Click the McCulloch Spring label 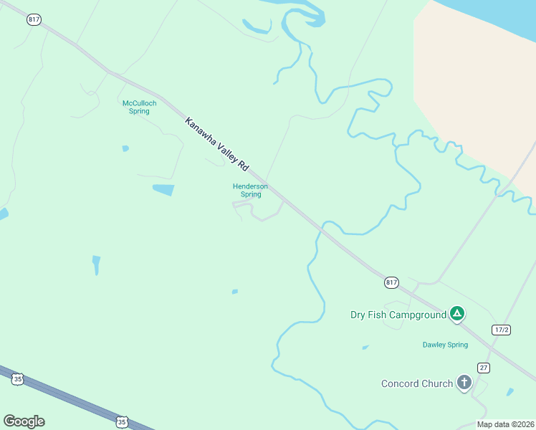139,107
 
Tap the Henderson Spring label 250,190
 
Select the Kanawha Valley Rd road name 216,143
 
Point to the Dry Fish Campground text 397,315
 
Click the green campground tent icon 456,313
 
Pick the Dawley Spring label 445,345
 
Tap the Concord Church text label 416,383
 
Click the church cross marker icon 464,383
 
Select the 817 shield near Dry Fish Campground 391,282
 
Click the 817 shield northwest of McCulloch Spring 34,19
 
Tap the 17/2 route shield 502,330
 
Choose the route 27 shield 484,368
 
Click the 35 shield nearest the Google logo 18,379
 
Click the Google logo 24,421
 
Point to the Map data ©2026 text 504,424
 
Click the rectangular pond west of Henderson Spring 163,190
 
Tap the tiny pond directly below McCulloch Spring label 125,148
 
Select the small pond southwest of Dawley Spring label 365,348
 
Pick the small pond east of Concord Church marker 509,392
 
